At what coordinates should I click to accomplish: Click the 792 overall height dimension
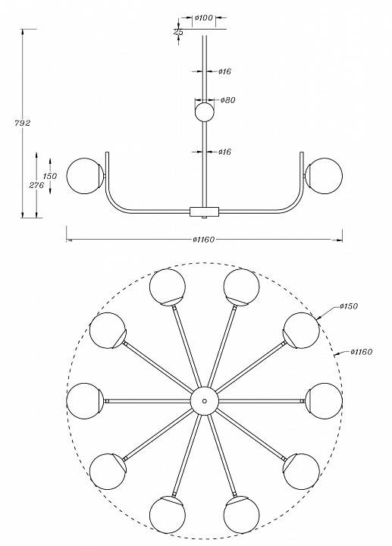pos(22,123)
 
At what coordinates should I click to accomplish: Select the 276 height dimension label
pos(36,185)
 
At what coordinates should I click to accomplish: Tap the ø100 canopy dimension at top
pos(204,17)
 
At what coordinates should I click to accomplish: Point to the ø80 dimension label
pos(228,100)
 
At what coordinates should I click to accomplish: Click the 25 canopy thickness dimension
pos(178,32)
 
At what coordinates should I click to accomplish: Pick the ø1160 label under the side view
pos(204,240)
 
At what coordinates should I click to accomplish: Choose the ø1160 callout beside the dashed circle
pos(362,352)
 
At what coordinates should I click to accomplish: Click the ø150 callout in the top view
pos(349,306)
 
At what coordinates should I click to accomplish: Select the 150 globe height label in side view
pos(50,176)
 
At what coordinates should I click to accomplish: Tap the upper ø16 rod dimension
pos(225,71)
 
